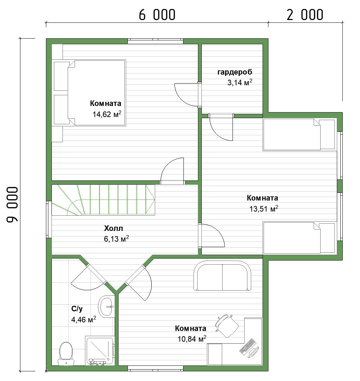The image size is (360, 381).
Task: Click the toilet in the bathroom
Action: click(66, 353)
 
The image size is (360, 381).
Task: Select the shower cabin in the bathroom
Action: click(100, 351)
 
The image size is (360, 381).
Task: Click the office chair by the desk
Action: click(226, 325)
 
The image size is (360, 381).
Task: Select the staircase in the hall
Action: click(104, 200)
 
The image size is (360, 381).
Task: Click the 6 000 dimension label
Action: click(157, 15)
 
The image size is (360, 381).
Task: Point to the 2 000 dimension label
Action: click(305, 15)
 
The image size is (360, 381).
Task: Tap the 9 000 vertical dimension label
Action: click(12, 205)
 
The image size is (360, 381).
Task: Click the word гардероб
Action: click(235, 72)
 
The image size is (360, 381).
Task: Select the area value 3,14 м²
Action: click(239, 82)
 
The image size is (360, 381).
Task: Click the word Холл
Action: click(113, 228)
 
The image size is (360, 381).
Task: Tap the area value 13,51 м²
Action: click(264, 208)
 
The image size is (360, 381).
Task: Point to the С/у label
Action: click(77, 309)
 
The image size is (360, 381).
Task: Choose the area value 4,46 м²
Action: click(83, 319)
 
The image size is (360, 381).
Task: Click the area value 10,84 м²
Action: click(192, 339)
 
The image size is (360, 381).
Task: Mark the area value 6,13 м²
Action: click(116, 238)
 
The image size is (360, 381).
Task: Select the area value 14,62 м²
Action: click(107, 114)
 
